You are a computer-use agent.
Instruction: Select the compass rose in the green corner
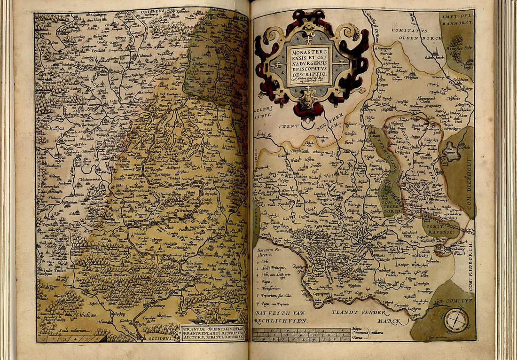click(456, 320)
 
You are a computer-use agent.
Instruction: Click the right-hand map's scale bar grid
click(301, 334)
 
